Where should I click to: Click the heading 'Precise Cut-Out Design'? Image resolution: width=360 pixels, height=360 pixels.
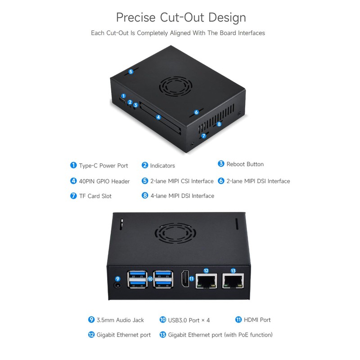tap(181, 18)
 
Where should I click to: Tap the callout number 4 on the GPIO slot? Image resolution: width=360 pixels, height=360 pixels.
tap(158, 117)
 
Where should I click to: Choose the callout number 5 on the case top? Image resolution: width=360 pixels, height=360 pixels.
tap(131, 72)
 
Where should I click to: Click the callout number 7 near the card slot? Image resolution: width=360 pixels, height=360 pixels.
tap(203, 135)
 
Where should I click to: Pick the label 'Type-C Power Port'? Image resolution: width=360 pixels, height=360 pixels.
tap(103, 166)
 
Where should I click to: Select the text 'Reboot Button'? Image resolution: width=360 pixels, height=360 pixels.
tap(245, 164)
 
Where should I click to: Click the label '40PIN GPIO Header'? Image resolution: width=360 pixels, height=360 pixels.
tap(104, 181)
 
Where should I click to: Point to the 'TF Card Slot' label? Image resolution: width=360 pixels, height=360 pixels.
tap(95, 196)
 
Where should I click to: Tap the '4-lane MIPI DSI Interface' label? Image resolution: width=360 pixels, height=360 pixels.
tap(182, 196)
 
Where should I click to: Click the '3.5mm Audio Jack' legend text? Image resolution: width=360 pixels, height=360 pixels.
tap(120, 320)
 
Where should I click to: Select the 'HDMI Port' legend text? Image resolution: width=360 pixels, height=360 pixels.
tap(257, 320)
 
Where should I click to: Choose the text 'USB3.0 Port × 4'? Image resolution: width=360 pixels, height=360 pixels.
tap(189, 320)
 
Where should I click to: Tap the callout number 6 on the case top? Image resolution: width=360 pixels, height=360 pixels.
tap(196, 112)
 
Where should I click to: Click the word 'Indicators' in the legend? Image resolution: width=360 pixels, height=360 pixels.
tap(162, 166)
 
